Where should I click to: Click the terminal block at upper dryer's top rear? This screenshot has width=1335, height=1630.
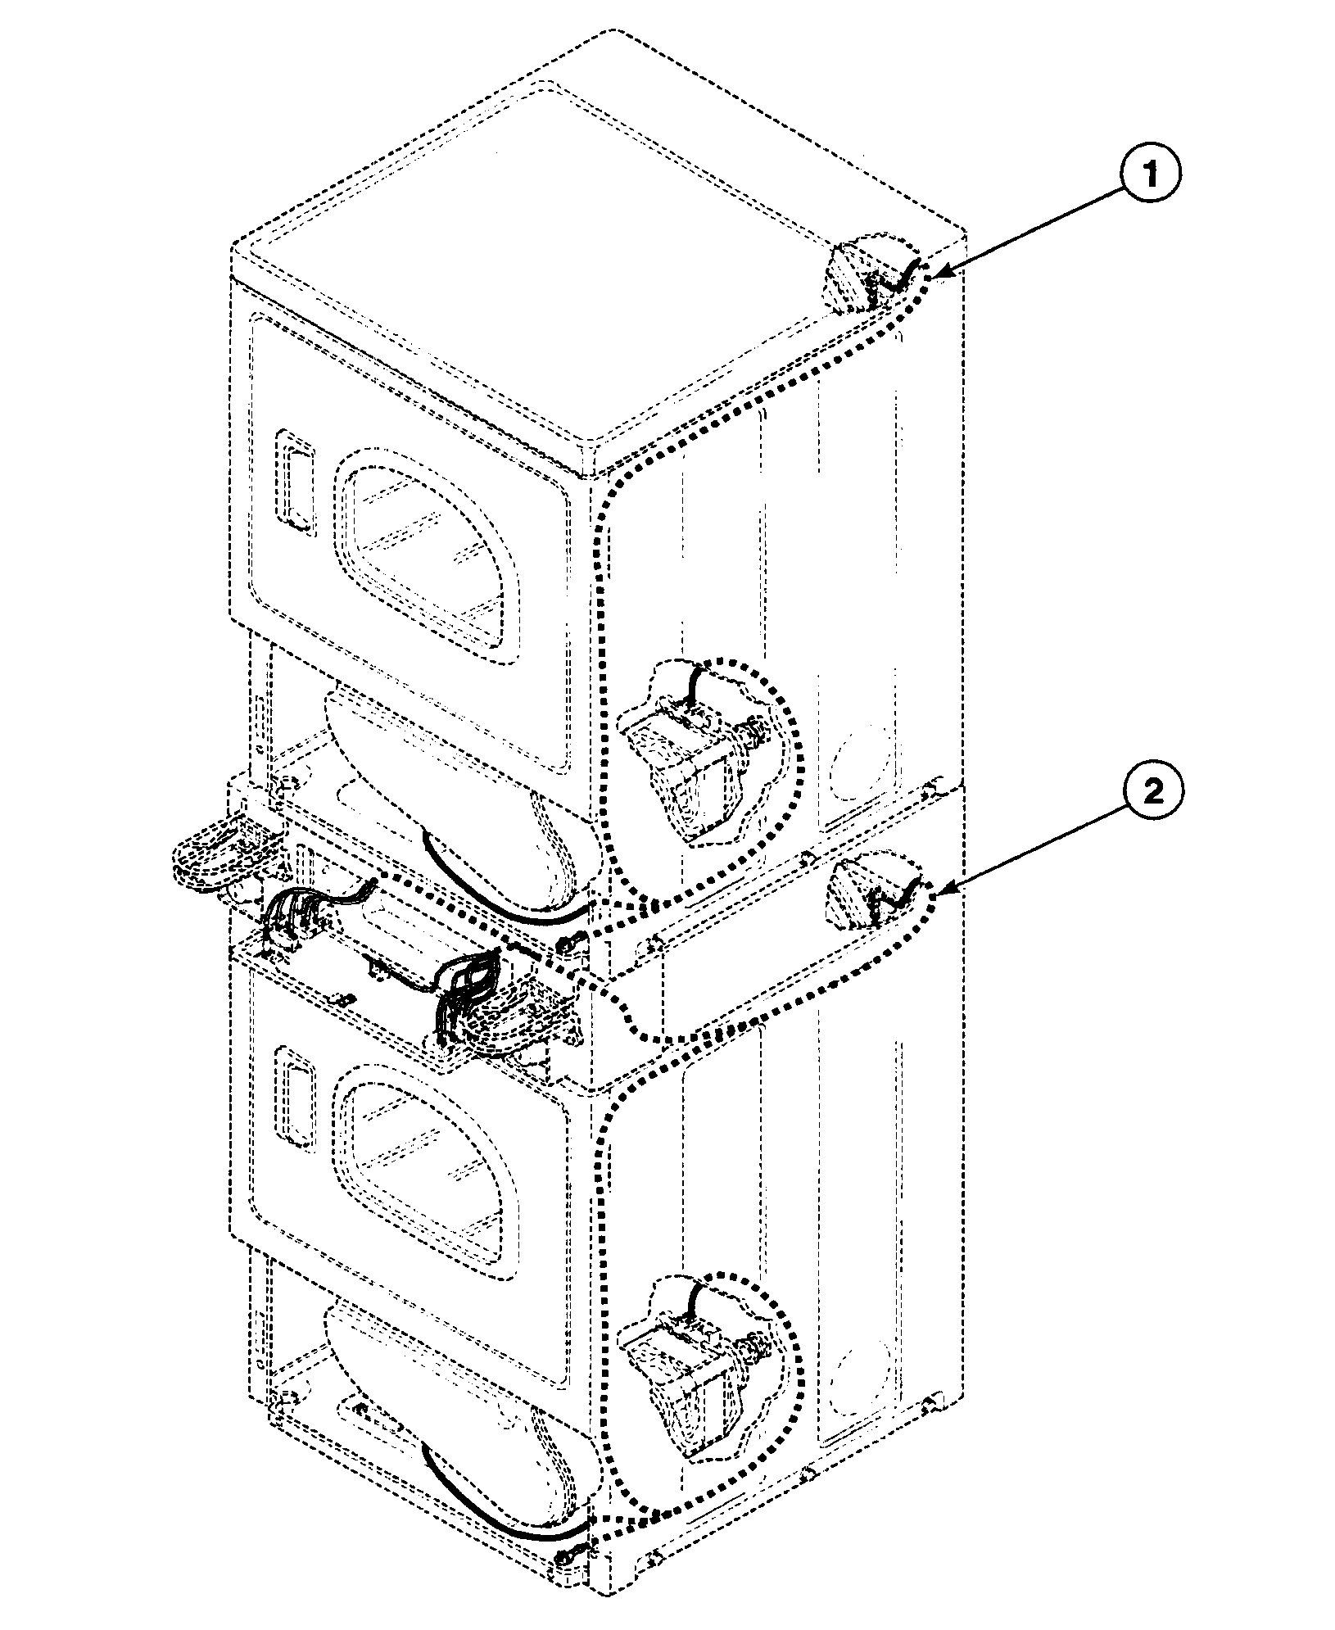pyautogui.click(x=856, y=274)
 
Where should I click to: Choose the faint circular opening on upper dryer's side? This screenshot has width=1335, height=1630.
pyautogui.click(x=856, y=762)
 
